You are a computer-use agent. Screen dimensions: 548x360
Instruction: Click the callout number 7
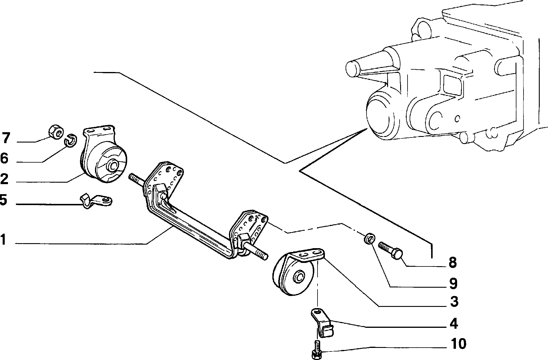tap(6, 138)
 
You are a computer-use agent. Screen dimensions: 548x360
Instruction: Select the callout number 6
tap(4, 158)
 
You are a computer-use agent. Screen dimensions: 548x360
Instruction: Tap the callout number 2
tap(4, 179)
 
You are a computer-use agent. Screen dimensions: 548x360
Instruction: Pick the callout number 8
tap(452, 262)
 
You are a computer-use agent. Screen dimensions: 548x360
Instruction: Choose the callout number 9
tap(453, 283)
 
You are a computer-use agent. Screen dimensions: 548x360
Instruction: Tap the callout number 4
tap(454, 323)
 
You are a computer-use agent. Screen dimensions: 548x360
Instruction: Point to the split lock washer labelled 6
tap(71, 140)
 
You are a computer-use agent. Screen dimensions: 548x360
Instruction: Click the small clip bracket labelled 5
tap(96, 201)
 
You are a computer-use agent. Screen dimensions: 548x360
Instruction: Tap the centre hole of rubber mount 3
tap(299, 277)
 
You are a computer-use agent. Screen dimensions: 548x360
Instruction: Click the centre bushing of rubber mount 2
tap(113, 166)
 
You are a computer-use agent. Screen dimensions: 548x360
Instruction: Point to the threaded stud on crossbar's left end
tap(136, 180)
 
